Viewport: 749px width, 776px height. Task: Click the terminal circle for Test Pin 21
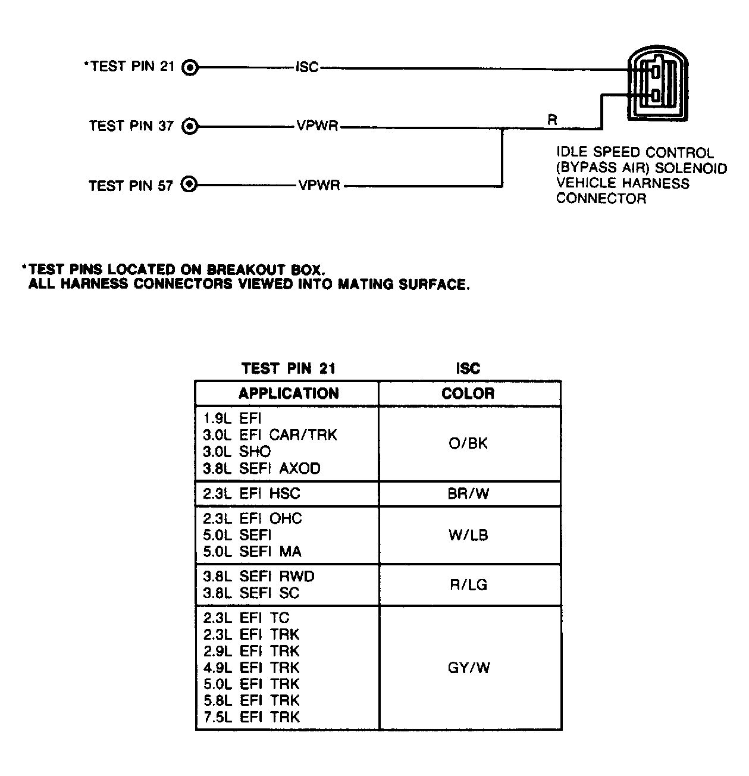click(190, 67)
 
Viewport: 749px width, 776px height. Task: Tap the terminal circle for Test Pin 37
click(190, 126)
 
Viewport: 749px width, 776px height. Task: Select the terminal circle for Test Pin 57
click(189, 185)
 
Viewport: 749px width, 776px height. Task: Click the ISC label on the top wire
click(307, 67)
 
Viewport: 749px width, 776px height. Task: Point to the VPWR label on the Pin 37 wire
click(317, 126)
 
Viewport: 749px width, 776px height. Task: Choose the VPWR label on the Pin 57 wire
click(319, 186)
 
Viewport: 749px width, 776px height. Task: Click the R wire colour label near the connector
click(552, 120)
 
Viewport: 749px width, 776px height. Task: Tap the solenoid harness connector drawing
click(657, 85)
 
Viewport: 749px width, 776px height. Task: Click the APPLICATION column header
click(289, 393)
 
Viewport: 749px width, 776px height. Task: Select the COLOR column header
click(468, 393)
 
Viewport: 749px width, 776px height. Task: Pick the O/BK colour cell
click(468, 443)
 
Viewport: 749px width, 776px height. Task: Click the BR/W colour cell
click(468, 493)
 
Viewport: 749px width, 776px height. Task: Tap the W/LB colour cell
click(468, 535)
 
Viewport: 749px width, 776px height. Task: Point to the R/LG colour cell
click(468, 584)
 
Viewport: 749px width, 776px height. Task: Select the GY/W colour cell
click(468, 668)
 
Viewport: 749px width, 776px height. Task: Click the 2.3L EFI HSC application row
click(252, 493)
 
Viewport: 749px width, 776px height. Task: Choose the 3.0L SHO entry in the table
click(237, 452)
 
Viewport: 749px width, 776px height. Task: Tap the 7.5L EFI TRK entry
click(252, 717)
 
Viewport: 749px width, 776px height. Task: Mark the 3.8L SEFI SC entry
click(251, 593)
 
